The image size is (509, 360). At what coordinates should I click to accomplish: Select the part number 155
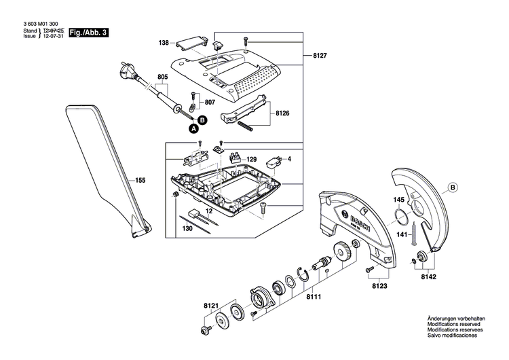click(140, 181)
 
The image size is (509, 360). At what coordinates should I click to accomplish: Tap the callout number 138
click(164, 43)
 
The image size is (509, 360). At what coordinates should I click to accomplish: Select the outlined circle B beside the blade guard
click(453, 188)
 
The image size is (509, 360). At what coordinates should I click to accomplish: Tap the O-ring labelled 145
click(401, 217)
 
